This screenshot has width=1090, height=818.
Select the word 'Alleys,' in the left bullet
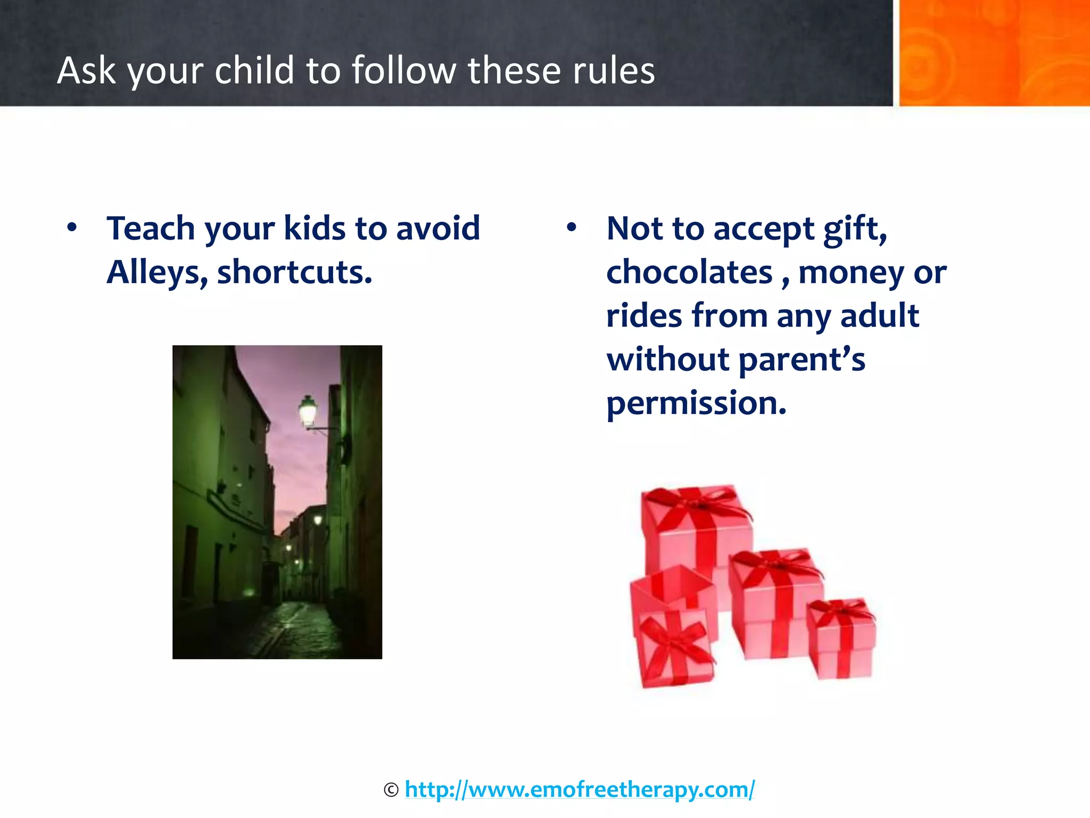click(x=157, y=273)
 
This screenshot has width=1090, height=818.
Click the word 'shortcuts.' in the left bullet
click(x=294, y=273)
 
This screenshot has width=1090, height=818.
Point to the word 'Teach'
click(x=151, y=229)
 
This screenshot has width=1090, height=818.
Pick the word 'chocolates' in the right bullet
click(x=689, y=273)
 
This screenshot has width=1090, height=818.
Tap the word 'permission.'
click(x=696, y=404)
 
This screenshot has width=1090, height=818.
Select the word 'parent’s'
click(x=802, y=360)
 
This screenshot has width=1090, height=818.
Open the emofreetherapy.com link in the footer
click(x=579, y=789)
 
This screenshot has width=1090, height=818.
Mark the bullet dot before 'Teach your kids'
click(x=72, y=228)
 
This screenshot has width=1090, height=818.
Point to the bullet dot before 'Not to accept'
click(x=572, y=228)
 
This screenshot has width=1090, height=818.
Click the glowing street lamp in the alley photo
click(x=308, y=410)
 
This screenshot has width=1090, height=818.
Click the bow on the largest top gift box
click(x=695, y=503)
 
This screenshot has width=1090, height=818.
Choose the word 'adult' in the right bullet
click(x=879, y=316)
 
